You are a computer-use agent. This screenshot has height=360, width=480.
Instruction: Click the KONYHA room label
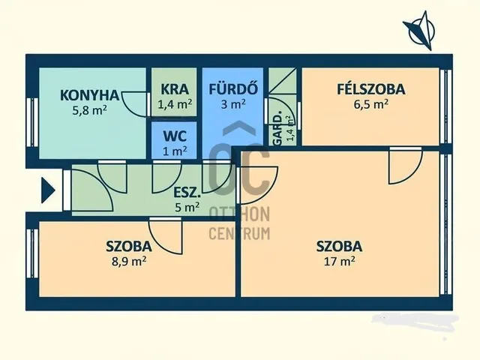pyautogui.click(x=89, y=95)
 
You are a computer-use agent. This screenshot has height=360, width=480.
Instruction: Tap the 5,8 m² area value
pyautogui.click(x=89, y=110)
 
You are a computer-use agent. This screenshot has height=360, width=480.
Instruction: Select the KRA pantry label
pyautogui.click(x=175, y=89)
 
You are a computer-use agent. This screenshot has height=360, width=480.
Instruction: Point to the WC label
pyautogui.click(x=175, y=136)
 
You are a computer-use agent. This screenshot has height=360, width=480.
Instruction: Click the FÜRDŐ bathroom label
pyautogui.click(x=233, y=88)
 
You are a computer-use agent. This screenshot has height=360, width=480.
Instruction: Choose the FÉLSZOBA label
pyautogui.click(x=371, y=89)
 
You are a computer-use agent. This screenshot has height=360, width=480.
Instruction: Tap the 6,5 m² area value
pyautogui.click(x=371, y=104)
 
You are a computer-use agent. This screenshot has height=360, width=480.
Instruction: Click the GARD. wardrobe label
pyautogui.click(x=277, y=130)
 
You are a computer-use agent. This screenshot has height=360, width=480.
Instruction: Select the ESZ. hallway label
pyautogui.click(x=187, y=193)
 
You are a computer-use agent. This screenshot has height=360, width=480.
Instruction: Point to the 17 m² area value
pyautogui.click(x=340, y=262)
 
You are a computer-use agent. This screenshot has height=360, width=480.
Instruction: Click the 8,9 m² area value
pyautogui.click(x=129, y=262)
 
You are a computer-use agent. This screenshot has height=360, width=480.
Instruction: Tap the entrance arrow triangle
pyautogui.click(x=48, y=190)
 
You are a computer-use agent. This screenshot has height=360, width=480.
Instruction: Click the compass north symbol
pyautogui.click(x=420, y=30)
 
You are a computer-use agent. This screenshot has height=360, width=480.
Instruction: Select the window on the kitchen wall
pyautogui.click(x=32, y=122)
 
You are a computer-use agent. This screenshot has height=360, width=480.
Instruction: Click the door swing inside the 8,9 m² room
pyautogui.click(x=166, y=235)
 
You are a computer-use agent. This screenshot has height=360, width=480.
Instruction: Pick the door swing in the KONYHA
pyautogui.click(x=135, y=104)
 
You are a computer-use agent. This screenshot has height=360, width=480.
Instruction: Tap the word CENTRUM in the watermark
pyautogui.click(x=239, y=233)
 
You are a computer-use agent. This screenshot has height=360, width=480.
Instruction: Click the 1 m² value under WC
pyautogui.click(x=175, y=151)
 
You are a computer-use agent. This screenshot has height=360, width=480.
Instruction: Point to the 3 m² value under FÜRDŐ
pyautogui.click(x=233, y=104)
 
